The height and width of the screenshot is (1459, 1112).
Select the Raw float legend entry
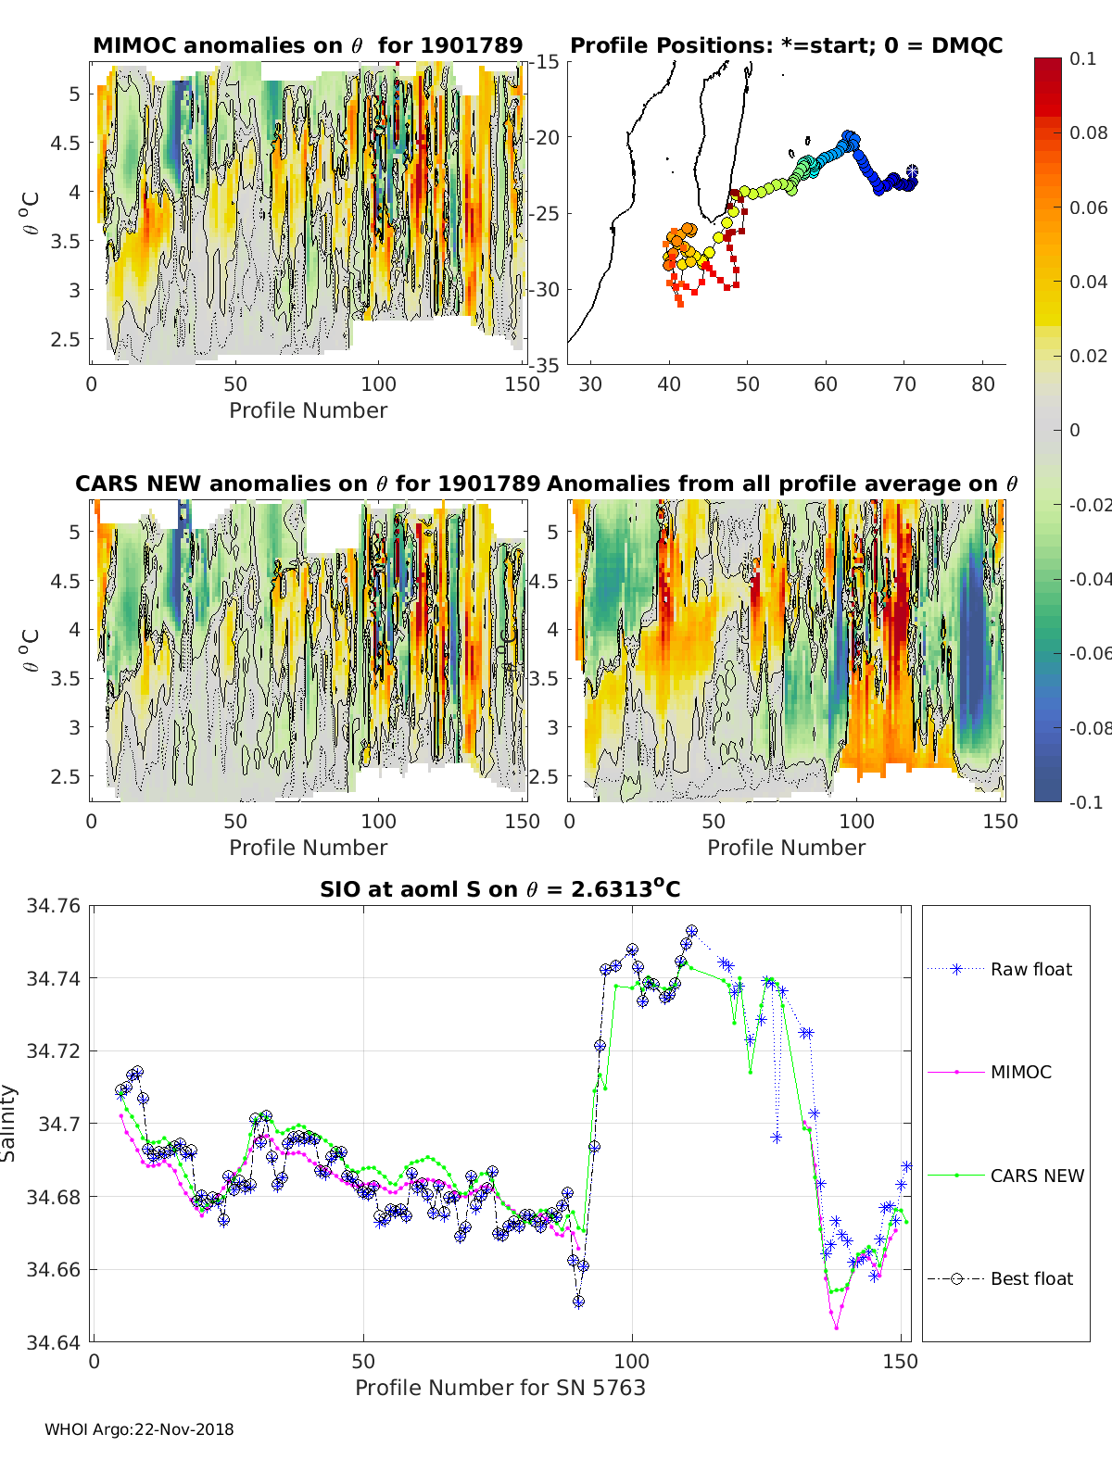(1000, 969)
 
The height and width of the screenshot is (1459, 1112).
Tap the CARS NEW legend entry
(1005, 1176)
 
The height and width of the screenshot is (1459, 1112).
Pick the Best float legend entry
(1000, 1278)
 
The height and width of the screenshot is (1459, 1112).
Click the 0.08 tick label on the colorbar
(1088, 133)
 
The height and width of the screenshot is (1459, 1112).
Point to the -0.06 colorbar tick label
(1090, 653)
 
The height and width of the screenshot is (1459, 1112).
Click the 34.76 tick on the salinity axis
(53, 905)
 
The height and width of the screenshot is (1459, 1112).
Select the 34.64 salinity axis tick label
(53, 1342)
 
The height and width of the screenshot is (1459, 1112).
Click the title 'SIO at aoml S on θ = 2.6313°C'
(499, 888)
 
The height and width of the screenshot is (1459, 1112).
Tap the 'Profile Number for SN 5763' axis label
(499, 1388)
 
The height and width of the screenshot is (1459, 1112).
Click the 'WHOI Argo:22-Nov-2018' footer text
(139, 1429)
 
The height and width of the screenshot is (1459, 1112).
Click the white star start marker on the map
(912, 171)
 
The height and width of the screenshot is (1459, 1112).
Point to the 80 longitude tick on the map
(982, 384)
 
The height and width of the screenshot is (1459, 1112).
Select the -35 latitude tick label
(544, 365)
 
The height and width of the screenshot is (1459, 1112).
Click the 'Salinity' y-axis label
(8, 1124)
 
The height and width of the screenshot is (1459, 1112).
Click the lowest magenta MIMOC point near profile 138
(836, 1327)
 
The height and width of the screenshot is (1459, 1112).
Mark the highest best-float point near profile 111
(691, 931)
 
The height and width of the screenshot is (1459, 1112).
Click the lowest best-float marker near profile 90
(578, 1301)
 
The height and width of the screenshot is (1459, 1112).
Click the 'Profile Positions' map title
(787, 45)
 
